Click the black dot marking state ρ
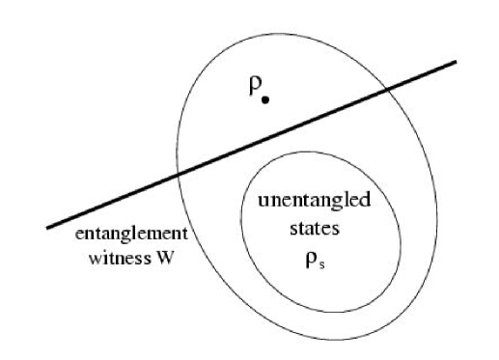tap(264, 99)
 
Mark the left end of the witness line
tap(48, 228)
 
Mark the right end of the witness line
tap(454, 64)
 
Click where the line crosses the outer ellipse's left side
tap(180, 175)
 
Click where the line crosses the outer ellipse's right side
tap(387, 91)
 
